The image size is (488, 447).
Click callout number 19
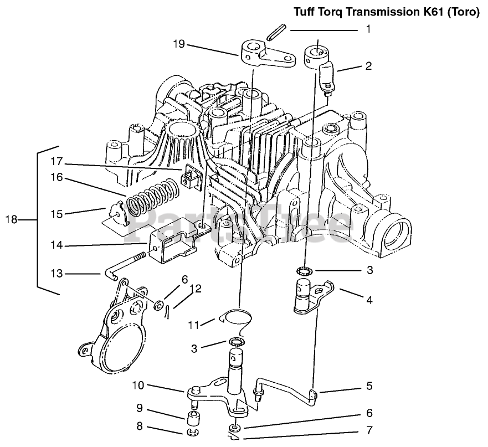coord(178,44)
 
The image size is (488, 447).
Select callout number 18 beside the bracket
coord(12,220)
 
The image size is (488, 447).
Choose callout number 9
coord(140,409)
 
